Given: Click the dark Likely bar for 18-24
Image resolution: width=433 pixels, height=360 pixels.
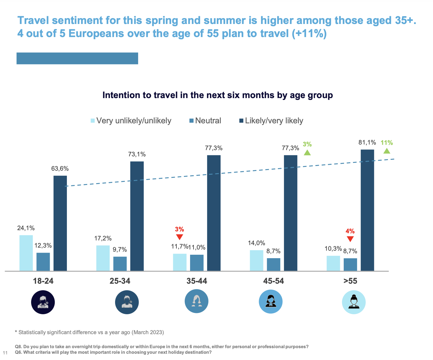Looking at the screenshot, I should [60, 223].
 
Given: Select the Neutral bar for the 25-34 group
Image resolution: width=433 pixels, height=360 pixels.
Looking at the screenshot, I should [120, 263].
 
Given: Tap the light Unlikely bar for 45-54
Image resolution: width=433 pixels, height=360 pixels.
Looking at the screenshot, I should [256, 260].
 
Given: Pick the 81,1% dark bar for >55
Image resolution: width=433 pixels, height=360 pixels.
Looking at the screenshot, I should [367, 210].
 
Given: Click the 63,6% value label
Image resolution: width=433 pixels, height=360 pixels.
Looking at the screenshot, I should [60, 169].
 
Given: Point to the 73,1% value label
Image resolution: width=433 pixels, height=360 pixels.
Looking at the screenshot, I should [137, 154].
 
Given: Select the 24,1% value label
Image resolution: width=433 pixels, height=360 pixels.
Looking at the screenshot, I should [26, 228].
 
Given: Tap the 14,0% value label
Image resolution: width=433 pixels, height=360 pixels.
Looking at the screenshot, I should [256, 243].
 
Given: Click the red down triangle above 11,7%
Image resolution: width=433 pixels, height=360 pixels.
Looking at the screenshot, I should [179, 237].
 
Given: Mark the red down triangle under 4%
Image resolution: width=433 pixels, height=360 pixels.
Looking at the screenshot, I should [350, 239].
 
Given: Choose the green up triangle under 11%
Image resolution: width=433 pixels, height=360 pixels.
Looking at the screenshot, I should [387, 151].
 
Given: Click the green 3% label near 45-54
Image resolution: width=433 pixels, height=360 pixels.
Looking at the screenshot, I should [307, 144].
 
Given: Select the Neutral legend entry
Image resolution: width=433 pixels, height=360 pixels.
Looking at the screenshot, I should [205, 121].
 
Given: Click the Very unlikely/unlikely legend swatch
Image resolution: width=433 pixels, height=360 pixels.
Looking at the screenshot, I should [93, 121].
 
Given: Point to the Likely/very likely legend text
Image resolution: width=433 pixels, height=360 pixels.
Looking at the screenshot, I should [274, 121].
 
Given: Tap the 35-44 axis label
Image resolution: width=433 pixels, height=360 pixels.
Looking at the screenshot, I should [197, 281].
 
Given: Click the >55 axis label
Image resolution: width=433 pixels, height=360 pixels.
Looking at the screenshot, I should [350, 281].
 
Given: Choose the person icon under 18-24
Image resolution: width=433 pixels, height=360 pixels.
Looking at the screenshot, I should [43, 302].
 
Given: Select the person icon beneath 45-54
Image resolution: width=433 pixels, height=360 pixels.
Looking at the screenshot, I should [271, 302].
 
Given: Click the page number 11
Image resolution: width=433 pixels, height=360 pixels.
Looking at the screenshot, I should [5, 353].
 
